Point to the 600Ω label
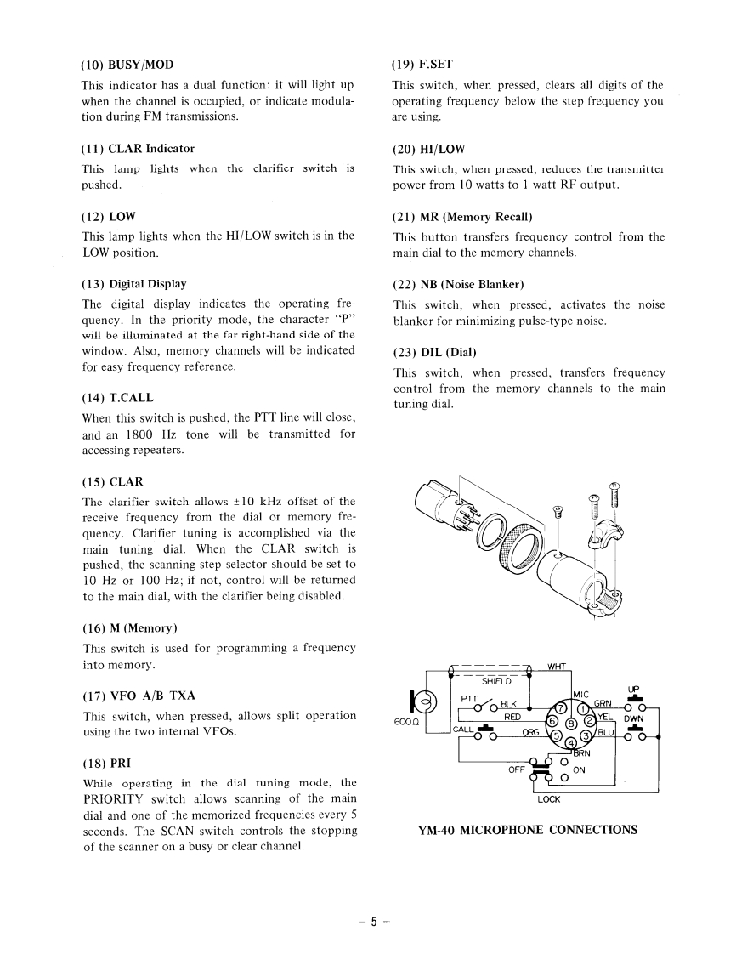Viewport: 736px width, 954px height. click(404, 723)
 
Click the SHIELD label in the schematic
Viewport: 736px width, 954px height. click(497, 680)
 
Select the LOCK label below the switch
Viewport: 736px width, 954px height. click(548, 798)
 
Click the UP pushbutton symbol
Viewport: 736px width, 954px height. click(631, 703)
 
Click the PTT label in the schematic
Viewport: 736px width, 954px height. click(469, 698)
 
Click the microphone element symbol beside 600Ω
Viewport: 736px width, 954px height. click(422, 702)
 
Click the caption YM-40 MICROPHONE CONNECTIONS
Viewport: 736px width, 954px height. click(527, 830)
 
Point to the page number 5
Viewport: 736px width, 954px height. click(372, 922)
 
